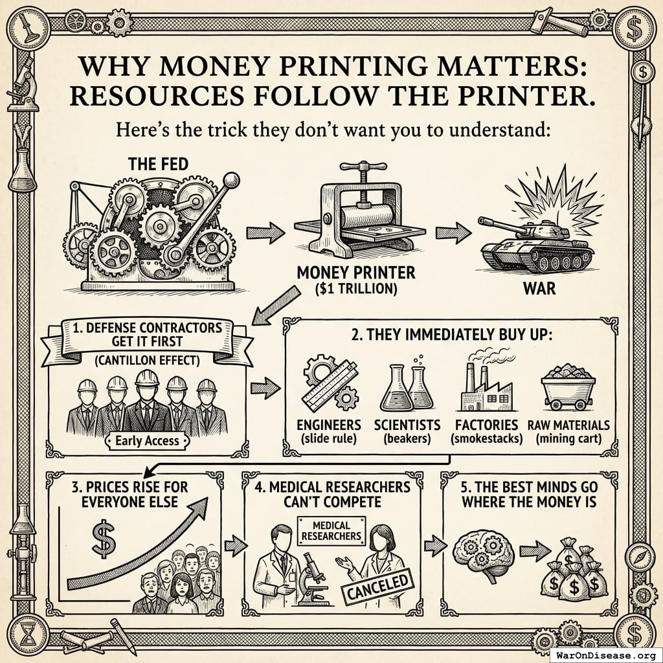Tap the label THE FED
pos(158,164)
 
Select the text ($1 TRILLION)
pos(356,289)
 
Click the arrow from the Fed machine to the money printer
pos(265,232)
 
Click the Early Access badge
pos(147,441)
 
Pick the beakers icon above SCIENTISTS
pos(407,387)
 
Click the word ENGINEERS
pos(329,425)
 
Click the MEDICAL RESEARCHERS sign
pos(331,531)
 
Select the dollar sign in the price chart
pos(104,539)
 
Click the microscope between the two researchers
pos(311,577)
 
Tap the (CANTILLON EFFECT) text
pos(147,360)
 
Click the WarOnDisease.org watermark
pos(607,656)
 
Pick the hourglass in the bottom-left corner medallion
pos(28,635)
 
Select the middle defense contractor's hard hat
pos(147,377)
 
